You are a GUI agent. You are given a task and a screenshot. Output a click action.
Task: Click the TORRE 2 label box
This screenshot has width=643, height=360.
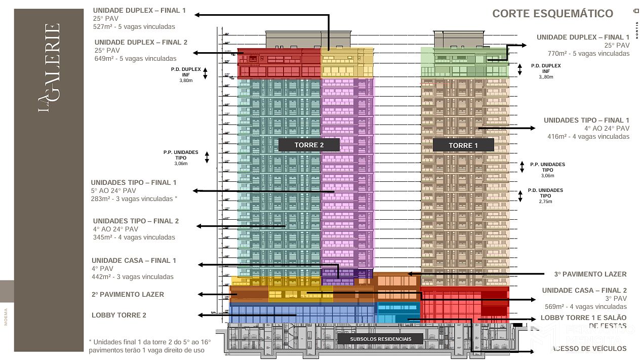click(309, 145)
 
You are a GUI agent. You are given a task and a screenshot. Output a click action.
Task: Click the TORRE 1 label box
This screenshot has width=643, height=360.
click(463, 145)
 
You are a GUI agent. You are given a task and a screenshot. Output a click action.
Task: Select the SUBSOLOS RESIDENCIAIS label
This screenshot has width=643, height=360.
click(380, 339)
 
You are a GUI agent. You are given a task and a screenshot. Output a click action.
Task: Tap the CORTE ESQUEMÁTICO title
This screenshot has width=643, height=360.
click(552, 14)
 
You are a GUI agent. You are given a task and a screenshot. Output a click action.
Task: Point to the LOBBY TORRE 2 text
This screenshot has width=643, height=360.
click(119, 315)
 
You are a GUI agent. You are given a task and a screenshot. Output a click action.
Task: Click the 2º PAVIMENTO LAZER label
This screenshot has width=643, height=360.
click(128, 294)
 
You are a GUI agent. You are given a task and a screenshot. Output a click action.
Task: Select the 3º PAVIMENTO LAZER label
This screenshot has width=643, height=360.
click(590, 274)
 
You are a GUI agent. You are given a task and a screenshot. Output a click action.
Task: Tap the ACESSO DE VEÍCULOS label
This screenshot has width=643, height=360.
click(589, 348)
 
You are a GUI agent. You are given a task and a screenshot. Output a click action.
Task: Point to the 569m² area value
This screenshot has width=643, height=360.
click(556, 306)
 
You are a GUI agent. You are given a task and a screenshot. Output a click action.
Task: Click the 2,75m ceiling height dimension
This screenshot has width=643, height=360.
click(545, 202)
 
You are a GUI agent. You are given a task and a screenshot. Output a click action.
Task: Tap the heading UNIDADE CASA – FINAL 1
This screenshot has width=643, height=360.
click(134, 261)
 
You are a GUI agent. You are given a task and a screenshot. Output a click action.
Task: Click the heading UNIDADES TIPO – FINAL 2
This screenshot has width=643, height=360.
click(136, 221)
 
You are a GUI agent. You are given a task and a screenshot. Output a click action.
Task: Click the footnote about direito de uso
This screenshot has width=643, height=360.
click(149, 346)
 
